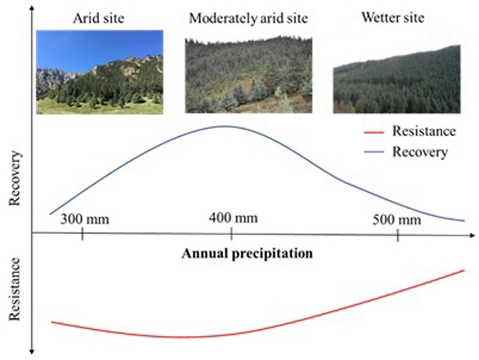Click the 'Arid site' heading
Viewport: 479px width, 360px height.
pos(99,18)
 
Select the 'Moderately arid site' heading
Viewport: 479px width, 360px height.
pos(248,18)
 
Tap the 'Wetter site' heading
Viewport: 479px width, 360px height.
pos(393,17)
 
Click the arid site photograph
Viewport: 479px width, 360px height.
pos(100,72)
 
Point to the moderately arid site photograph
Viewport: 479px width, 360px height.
pos(248,75)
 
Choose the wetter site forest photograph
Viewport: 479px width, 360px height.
pos(396,79)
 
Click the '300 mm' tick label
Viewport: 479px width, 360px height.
pos(85,220)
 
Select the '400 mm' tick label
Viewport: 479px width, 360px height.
pos(233,218)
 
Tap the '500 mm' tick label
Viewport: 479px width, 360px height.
pos(397,220)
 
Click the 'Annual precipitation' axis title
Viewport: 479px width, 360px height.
pos(247,254)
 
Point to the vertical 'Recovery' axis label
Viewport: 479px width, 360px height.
pos(14,179)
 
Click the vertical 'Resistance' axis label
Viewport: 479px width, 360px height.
pos(14,289)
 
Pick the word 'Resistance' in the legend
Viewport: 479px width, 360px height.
pos(424,131)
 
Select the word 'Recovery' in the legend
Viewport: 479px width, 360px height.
pos(420,152)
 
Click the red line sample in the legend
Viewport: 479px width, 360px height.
pos(374,132)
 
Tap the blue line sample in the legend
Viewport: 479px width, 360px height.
pos(374,151)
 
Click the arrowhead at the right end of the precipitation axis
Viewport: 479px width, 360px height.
pos(472,235)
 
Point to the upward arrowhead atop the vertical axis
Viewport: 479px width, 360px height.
pos(31,9)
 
